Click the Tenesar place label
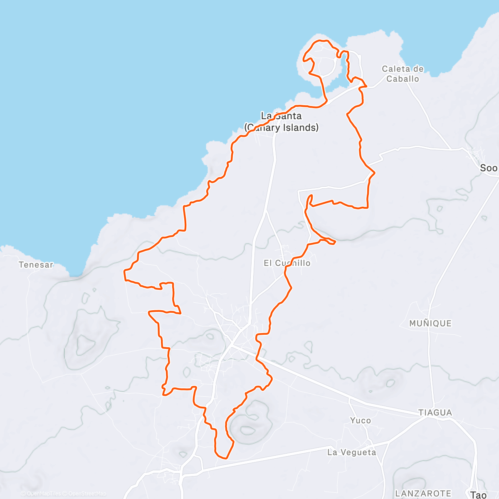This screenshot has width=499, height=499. point(36,264)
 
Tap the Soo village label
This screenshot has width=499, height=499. point(488,168)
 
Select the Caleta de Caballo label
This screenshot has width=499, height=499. point(403,74)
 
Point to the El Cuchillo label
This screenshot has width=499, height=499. point(287,263)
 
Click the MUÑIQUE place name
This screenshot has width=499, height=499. point(430,323)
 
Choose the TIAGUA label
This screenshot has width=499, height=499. point(435,413)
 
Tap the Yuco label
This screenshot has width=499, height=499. point(360,420)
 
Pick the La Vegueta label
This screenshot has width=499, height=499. point(351,452)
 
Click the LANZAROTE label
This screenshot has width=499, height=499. point(423,493)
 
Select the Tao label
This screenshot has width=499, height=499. point(478,494)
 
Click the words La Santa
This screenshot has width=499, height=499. point(281,116)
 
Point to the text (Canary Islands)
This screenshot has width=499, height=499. point(282,127)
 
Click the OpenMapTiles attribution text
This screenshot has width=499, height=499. point(40,494)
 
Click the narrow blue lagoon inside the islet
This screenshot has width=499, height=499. point(344,67)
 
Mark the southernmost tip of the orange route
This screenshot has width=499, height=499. point(225,458)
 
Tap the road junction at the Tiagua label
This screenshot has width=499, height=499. point(428,416)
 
